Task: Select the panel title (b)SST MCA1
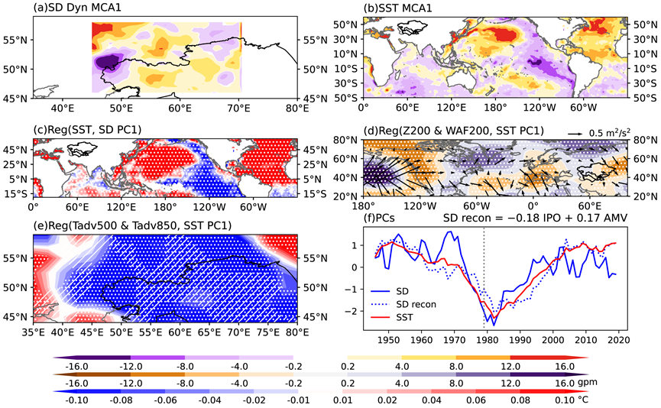coord(397,8)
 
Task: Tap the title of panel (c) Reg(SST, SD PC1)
coord(88,130)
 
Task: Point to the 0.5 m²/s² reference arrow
coord(575,133)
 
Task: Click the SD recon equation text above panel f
coord(535,218)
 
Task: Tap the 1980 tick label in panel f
coord(487,340)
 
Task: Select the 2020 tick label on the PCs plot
coord(619,340)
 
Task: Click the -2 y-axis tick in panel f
coord(352,311)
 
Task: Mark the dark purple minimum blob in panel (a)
coord(107,63)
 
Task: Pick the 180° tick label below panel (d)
coord(363,206)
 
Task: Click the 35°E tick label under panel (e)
coord(34,332)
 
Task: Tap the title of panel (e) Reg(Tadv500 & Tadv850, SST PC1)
coord(132,226)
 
